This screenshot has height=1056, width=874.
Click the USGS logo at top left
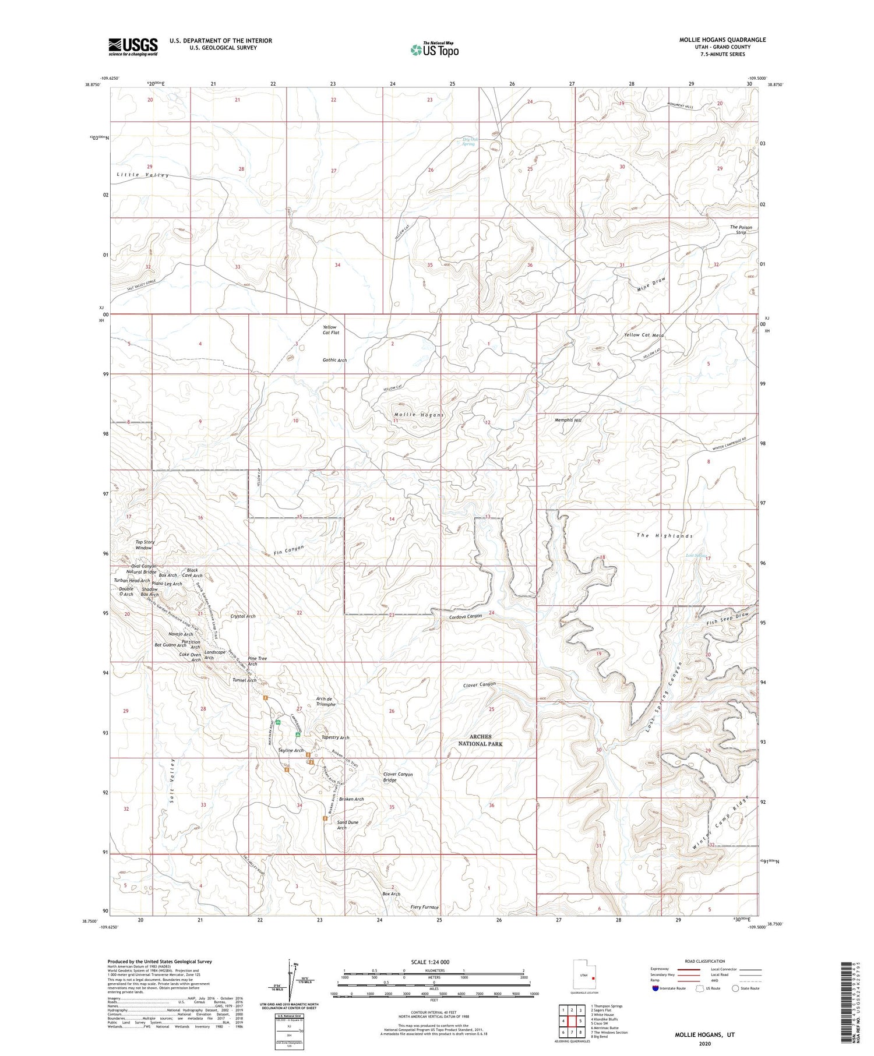pos(132,47)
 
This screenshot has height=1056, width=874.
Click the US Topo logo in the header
pos(435,50)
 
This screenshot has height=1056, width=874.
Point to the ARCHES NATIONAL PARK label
pos(480,740)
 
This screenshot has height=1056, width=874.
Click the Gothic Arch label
pos(334,360)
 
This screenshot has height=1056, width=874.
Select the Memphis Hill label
pos(568,420)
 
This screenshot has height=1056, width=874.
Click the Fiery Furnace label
pos(424,907)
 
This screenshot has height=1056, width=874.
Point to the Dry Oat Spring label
pos(468,142)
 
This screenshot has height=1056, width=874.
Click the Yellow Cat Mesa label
pos(644,335)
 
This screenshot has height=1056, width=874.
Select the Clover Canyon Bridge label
pos(398,777)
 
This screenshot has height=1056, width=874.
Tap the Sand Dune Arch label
pos(348,825)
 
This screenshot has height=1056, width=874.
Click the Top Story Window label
pos(145,545)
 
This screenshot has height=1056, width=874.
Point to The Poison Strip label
pos(741,229)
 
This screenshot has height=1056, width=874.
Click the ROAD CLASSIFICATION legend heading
pos(704,961)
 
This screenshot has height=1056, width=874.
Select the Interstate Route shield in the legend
pos(655,988)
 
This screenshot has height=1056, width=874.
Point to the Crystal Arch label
pos(243,616)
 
